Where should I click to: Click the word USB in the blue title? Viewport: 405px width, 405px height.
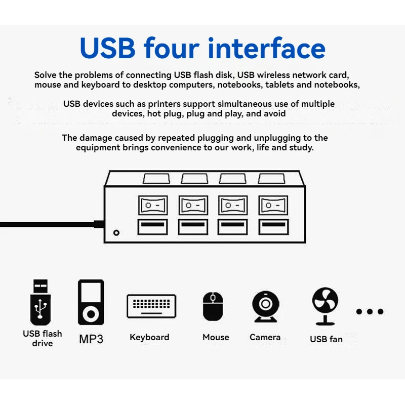(x=107, y=48)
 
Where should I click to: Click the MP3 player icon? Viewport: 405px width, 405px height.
(x=91, y=302)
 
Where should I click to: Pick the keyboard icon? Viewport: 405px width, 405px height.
(x=151, y=306)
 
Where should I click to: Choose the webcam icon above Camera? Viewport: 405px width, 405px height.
(x=265, y=306)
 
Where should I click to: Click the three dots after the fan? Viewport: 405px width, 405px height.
(x=370, y=311)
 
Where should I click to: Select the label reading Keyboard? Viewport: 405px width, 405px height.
(x=149, y=337)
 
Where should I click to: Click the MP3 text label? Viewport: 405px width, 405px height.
(x=91, y=339)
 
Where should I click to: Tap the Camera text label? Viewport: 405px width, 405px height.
(x=265, y=337)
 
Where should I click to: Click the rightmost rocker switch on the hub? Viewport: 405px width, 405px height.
(x=273, y=206)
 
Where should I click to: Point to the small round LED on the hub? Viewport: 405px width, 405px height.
(x=117, y=233)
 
